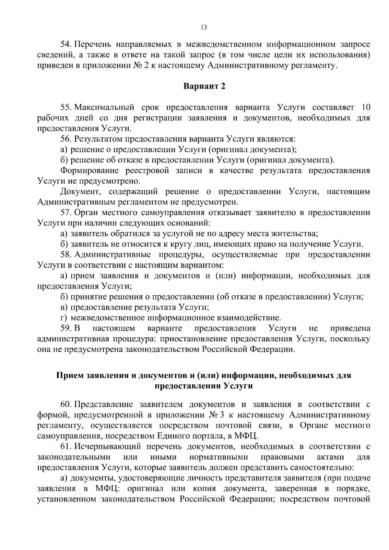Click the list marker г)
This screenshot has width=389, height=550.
pos(64,318)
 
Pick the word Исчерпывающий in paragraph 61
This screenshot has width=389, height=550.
pos(108,447)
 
